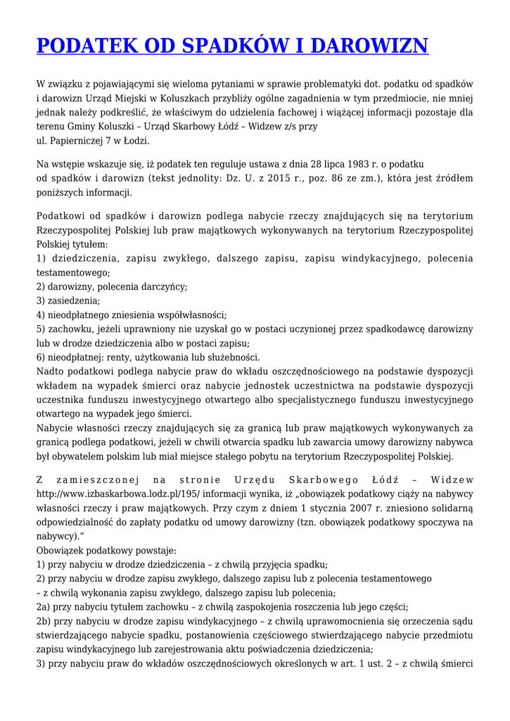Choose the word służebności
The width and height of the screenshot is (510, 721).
click(232, 357)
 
